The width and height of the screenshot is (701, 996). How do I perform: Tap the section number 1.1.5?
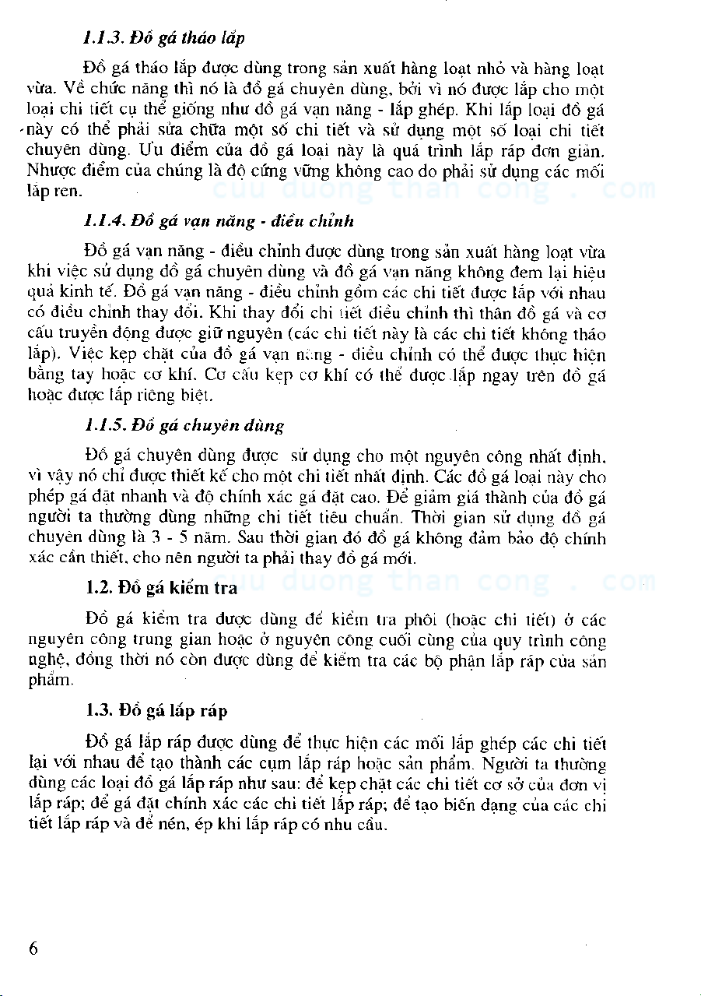[x=100, y=426]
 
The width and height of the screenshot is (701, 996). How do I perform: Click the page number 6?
[x=33, y=948]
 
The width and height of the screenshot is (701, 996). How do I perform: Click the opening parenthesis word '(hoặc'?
[x=465, y=621]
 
